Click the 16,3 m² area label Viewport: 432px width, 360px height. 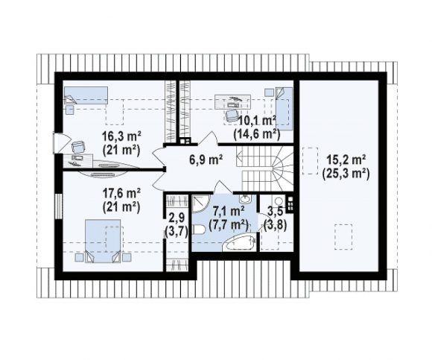(121, 136)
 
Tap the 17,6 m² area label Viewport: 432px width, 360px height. (121, 193)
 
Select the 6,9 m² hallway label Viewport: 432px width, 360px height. (206, 160)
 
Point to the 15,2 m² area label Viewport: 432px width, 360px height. (346, 160)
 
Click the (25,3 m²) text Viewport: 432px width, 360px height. (346, 174)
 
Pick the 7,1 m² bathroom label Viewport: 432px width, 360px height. (229, 211)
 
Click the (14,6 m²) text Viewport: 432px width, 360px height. (257, 134)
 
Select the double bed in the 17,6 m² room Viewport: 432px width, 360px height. (103, 241)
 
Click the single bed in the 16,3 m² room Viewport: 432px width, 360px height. (86, 95)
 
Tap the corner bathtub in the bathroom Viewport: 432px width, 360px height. (239, 243)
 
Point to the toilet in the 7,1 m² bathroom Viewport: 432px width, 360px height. (198, 230)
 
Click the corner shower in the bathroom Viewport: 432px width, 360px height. (201, 203)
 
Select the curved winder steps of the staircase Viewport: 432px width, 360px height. (282, 167)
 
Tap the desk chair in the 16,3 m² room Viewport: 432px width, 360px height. (78, 147)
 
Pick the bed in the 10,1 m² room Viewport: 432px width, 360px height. (284, 108)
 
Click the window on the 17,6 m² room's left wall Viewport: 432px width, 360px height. (58, 206)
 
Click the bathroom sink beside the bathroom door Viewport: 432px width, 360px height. (244, 198)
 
